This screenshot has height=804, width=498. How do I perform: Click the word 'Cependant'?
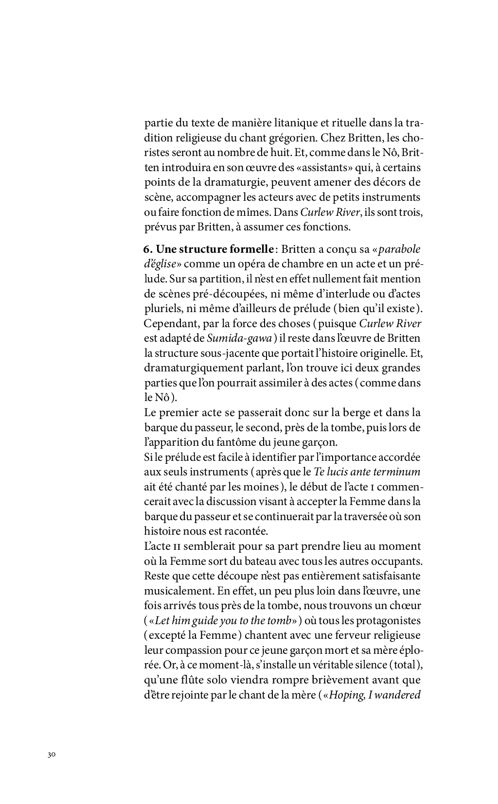pos(167,324)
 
